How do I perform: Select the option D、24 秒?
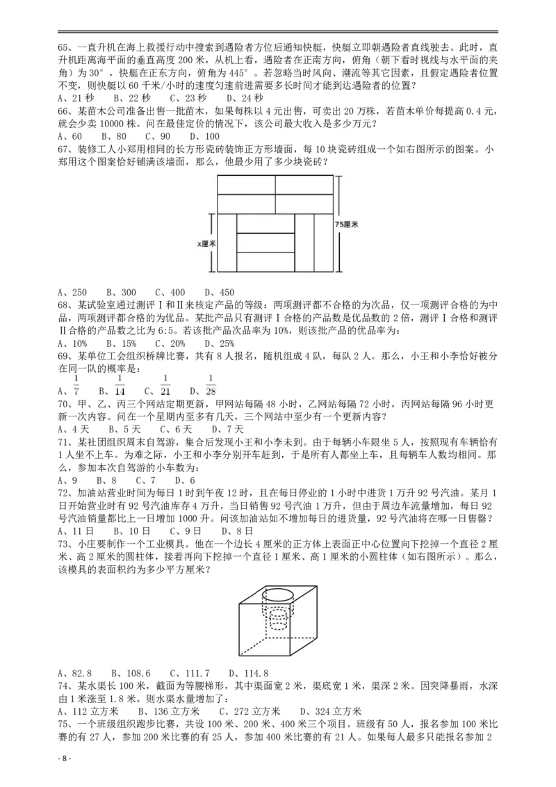(245, 99)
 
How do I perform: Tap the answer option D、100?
(205, 137)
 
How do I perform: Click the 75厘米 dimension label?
(346, 225)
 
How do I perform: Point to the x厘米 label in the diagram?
(206, 244)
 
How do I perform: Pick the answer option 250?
(72, 293)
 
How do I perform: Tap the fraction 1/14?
(119, 384)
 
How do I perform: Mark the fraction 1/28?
(211, 384)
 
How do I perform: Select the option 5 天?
(124, 430)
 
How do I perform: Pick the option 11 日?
(74, 531)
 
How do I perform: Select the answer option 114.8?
(248, 674)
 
